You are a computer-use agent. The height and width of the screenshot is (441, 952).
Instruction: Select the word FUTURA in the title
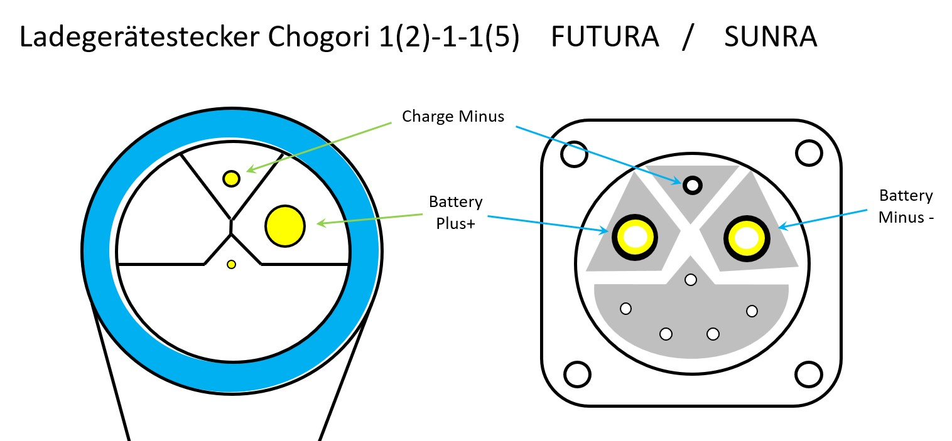point(605,38)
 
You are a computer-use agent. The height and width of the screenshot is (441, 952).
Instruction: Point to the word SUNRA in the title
point(770,38)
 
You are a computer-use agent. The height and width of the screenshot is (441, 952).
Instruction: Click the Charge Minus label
point(453,117)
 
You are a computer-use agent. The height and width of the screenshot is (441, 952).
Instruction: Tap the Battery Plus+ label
point(455,212)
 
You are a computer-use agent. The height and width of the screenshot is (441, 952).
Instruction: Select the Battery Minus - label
point(905,206)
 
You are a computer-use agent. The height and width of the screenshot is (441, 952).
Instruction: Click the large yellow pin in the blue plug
point(285,225)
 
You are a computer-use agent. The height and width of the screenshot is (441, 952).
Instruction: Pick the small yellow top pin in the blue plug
point(231,179)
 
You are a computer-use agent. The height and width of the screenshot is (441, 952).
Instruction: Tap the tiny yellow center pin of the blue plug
point(231,264)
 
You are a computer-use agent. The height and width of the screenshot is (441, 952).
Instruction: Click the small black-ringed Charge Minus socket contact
point(693,185)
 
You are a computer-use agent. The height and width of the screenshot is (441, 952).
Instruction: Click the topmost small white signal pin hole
point(691,280)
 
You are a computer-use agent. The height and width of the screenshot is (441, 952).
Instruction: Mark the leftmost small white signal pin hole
point(625,308)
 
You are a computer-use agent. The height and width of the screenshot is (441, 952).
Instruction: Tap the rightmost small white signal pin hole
point(752,311)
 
